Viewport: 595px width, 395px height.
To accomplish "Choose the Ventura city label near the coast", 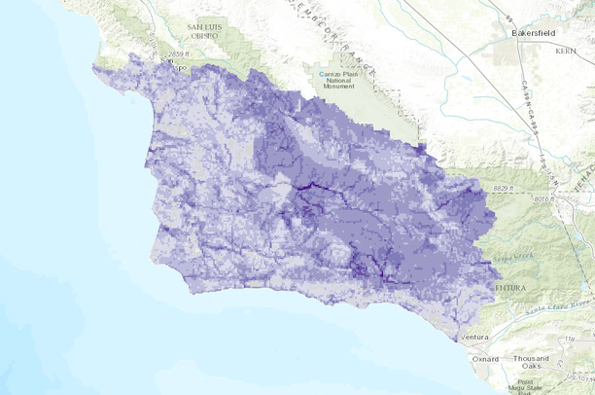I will coord(475,337).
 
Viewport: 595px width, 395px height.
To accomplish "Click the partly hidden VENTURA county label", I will coord(509,288).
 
